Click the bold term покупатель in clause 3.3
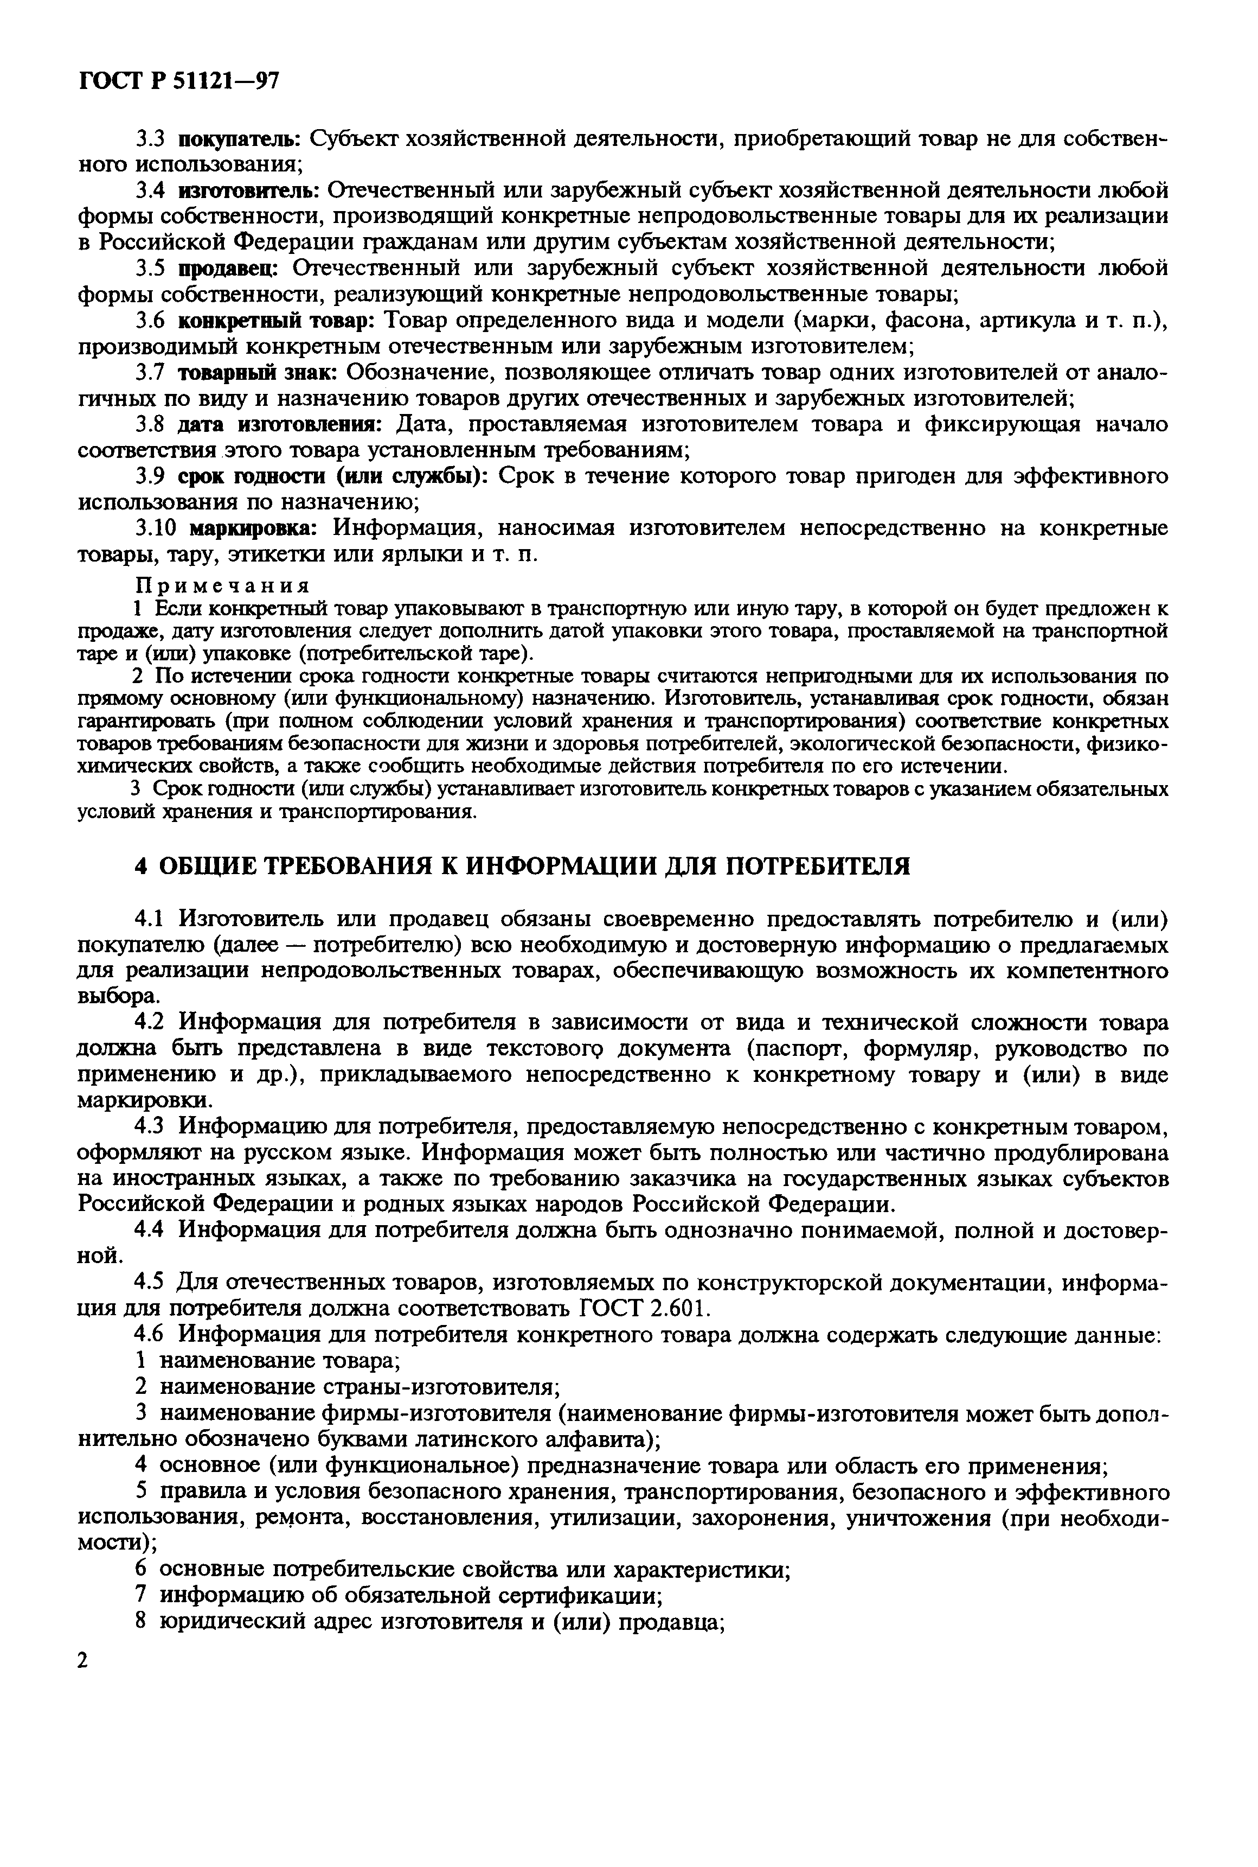(238, 139)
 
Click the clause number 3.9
(150, 477)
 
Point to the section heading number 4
(141, 867)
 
